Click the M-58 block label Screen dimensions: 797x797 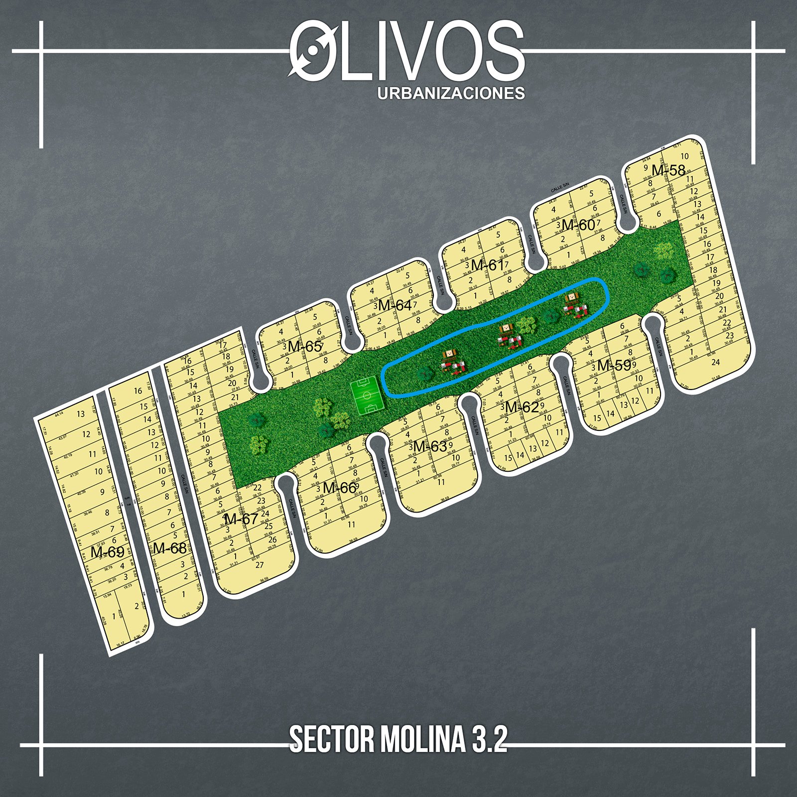coord(668,170)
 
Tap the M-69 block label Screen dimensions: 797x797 coord(107,552)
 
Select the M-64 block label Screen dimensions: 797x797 coord(395,305)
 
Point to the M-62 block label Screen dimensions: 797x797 coord(522,407)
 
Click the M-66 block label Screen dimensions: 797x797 coord(339,488)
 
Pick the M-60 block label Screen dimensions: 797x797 coord(578,225)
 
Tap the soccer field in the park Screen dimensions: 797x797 coord(368,397)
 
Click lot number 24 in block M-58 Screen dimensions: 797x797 coord(715,362)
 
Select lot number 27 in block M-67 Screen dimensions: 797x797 coord(260,565)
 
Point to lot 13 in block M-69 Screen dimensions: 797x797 coord(81,414)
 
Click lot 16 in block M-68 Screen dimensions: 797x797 coord(138,391)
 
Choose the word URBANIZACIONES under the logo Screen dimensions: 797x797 coord(451,93)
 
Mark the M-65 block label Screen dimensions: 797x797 coord(305,346)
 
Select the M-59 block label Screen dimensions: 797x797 coord(614,365)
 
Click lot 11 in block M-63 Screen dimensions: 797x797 coord(441,482)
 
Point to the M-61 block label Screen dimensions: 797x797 coord(488,266)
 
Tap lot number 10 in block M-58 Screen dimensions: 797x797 coord(684,156)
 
